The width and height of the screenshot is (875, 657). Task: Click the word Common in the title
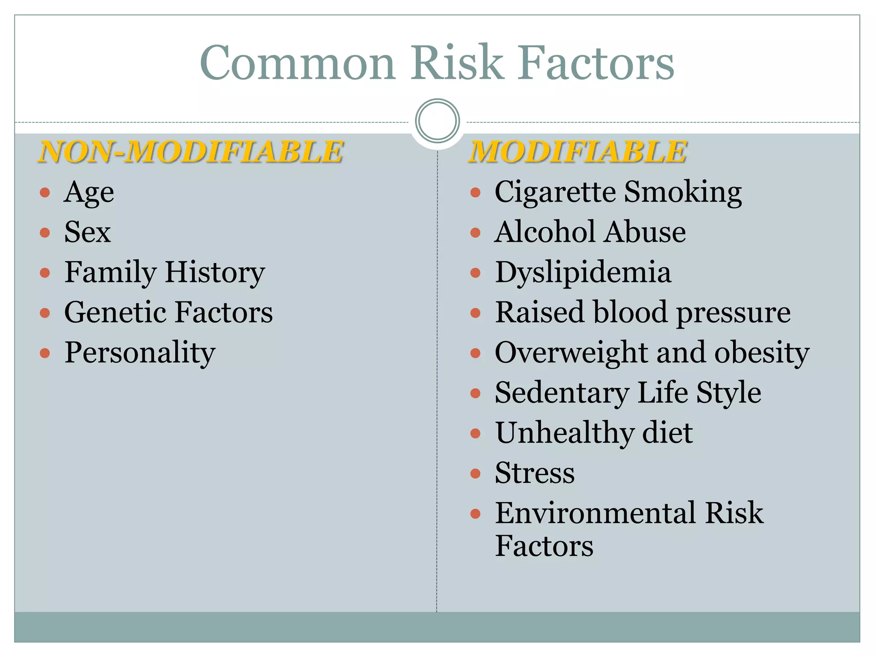tap(297, 63)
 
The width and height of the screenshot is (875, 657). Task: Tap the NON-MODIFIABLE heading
tap(191, 151)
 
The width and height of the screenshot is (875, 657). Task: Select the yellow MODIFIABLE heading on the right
tap(577, 151)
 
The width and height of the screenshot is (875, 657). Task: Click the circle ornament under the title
tap(437, 121)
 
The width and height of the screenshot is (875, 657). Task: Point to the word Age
tap(89, 192)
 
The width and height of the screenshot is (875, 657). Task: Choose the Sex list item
tap(87, 232)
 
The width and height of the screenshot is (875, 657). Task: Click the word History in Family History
tap(214, 272)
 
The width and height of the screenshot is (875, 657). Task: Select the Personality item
tap(140, 353)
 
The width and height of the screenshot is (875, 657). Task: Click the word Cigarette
tap(554, 192)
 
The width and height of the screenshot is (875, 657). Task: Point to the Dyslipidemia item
tap(583, 272)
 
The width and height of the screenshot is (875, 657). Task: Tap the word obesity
tap(761, 353)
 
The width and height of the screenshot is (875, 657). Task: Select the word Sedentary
tap(561, 393)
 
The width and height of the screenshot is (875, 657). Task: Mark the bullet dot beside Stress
tap(475, 474)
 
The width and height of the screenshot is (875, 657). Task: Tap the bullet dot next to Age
tap(45, 192)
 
